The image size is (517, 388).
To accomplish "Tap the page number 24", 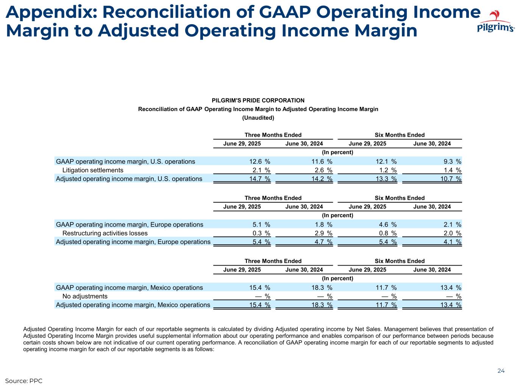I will (x=501, y=371).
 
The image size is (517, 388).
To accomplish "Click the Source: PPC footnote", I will (x=23, y=380).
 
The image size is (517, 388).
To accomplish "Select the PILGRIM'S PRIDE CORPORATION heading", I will (x=258, y=100).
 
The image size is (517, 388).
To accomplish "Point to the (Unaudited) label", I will (x=258, y=118).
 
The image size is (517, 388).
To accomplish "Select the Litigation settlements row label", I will (x=93, y=170).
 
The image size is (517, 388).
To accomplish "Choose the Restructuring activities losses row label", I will (x=105, y=233).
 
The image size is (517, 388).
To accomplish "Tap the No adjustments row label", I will (x=85, y=296).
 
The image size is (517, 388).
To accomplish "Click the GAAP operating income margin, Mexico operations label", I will (x=129, y=288).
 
